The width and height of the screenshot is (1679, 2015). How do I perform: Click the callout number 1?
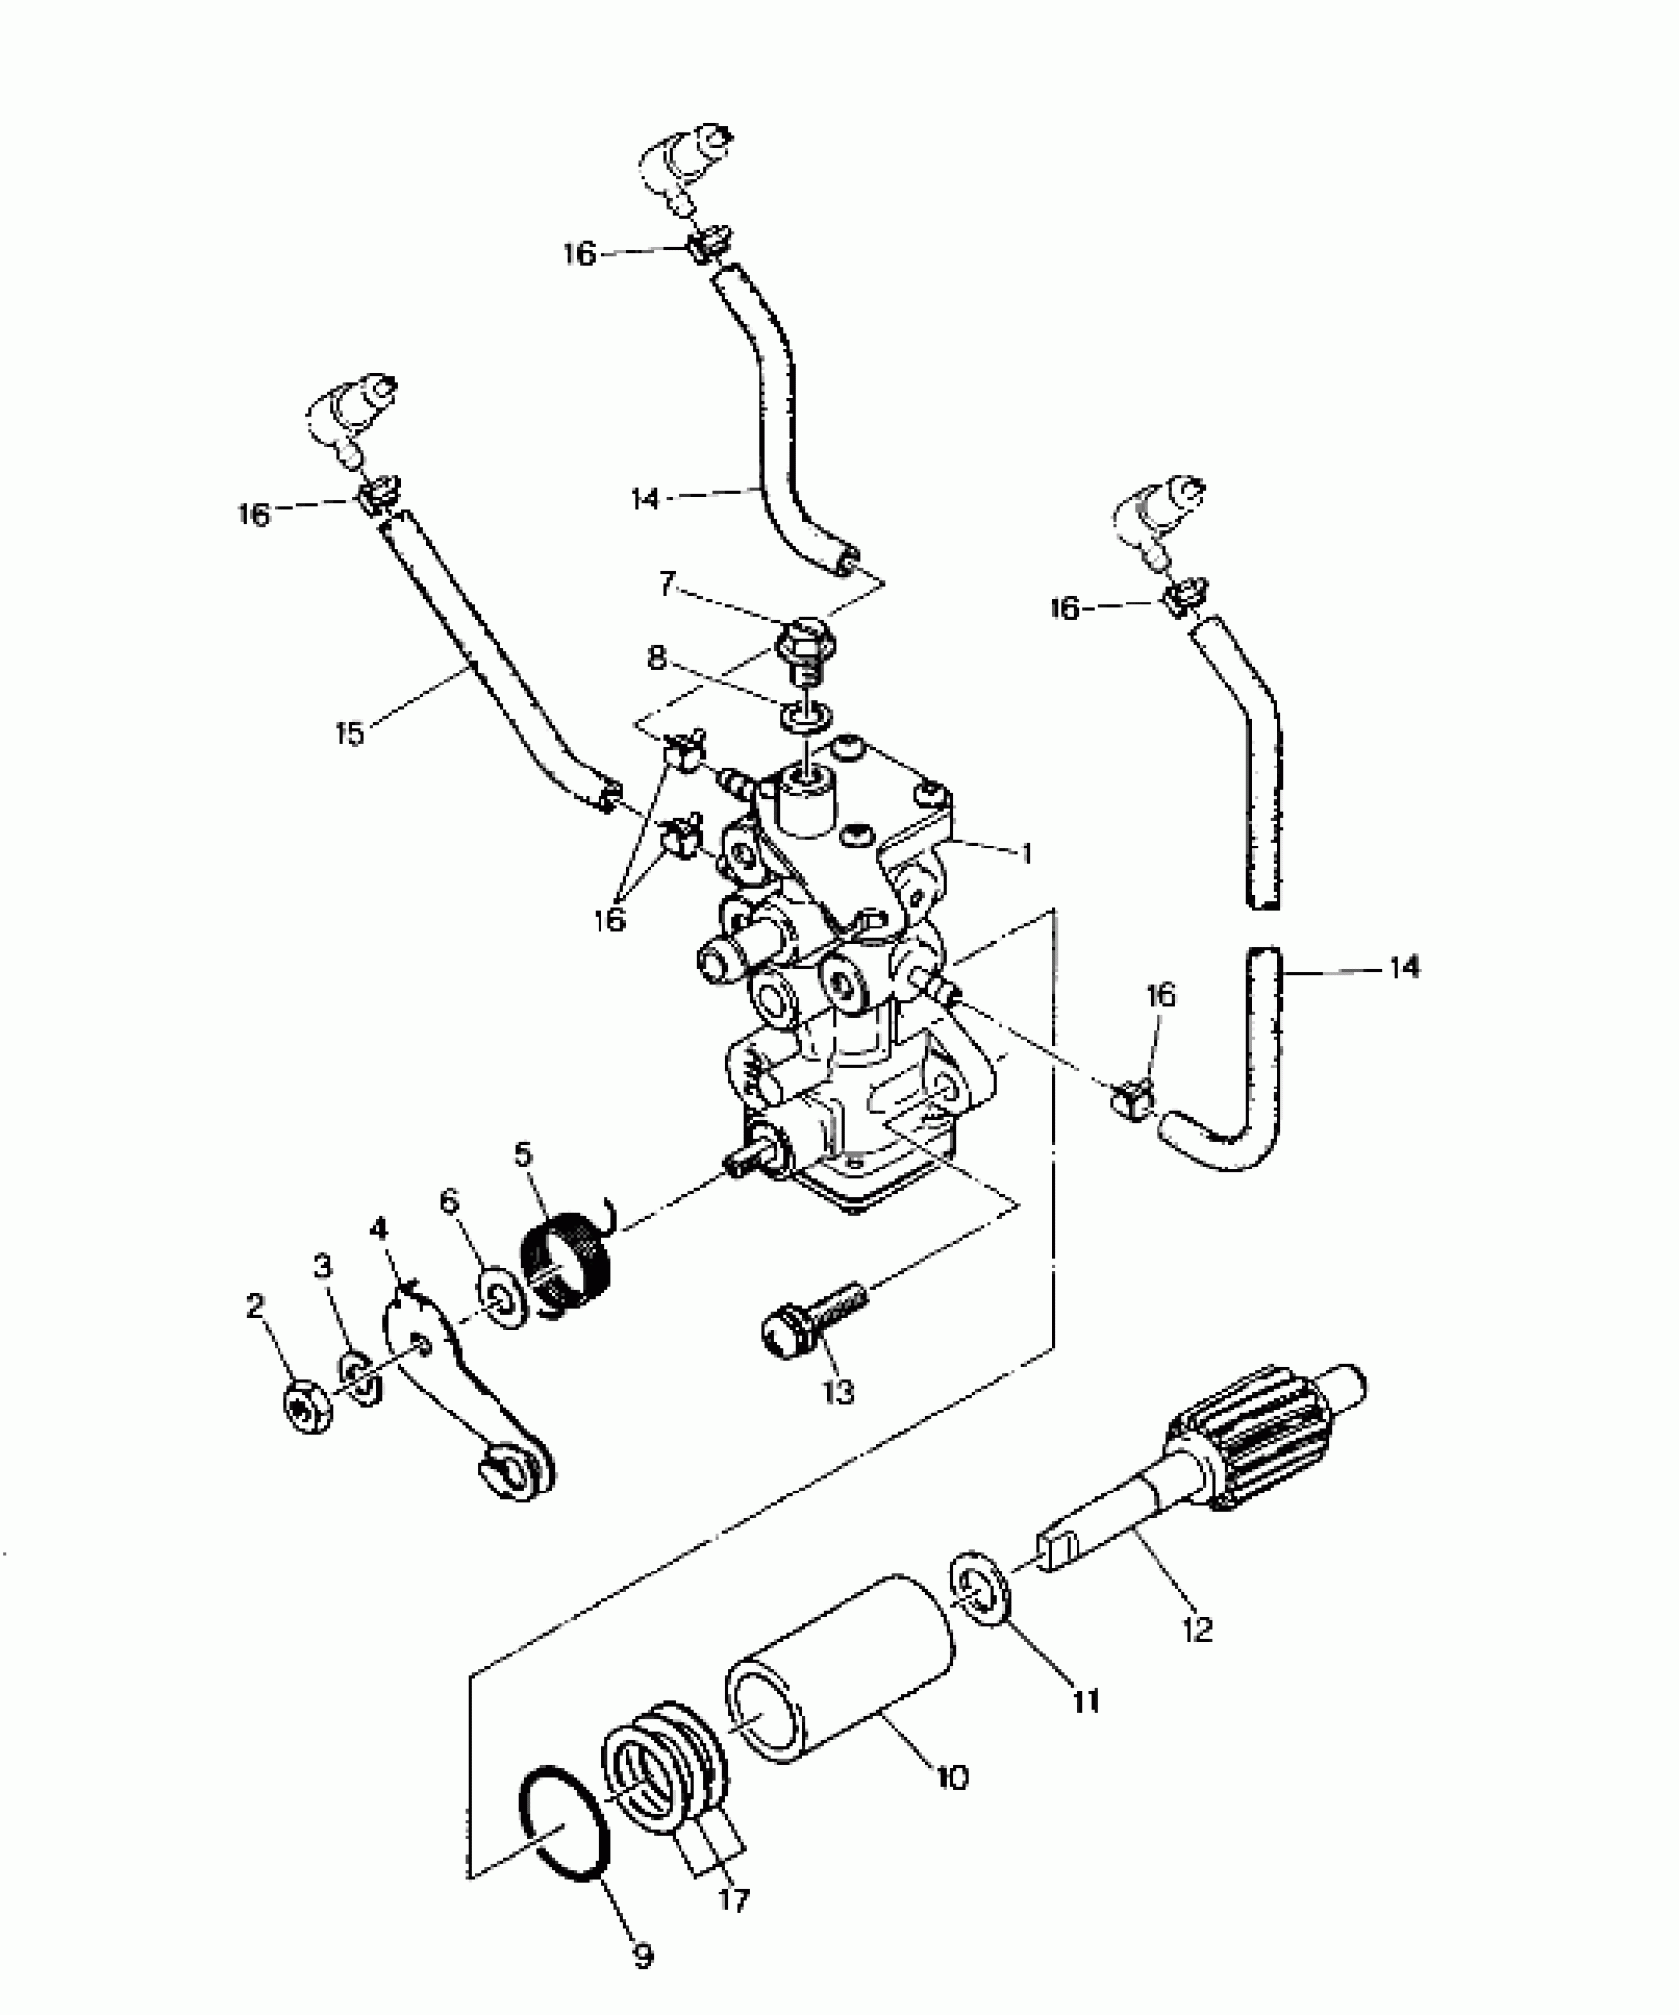point(1027,852)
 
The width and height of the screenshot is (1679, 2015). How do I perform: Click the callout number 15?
point(350,734)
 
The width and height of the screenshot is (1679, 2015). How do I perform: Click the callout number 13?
point(838,1391)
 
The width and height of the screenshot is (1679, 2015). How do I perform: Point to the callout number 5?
point(522,1154)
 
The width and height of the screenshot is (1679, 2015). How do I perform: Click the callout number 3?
point(323,1267)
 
